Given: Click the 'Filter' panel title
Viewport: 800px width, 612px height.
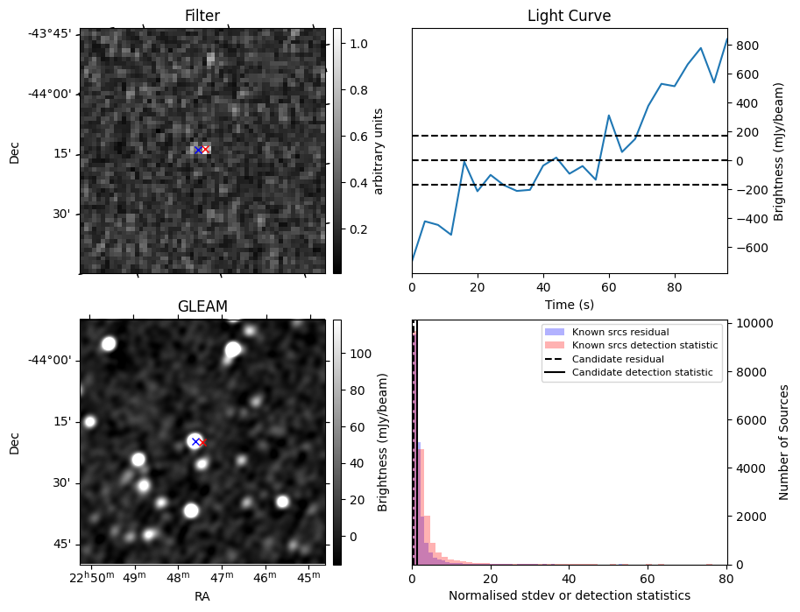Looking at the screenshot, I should (202, 16).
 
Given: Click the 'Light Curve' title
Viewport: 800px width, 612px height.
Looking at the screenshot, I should (569, 16).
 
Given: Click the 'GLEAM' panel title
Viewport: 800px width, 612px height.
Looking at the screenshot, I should (202, 306).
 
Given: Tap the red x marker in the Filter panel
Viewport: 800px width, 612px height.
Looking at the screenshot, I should (204, 150).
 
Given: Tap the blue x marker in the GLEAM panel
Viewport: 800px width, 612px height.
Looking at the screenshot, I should (195, 442).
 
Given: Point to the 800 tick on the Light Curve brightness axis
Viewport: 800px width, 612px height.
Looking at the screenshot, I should (746, 45).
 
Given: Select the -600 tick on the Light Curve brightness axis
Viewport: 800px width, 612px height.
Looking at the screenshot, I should (749, 248).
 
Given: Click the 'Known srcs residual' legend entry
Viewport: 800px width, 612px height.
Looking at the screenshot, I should (620, 332).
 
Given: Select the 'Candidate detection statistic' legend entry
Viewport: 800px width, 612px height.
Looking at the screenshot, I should (642, 373).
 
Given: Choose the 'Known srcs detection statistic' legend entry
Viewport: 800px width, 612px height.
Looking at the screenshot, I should (644, 345).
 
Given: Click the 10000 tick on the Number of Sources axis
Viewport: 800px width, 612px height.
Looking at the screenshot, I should (751, 323).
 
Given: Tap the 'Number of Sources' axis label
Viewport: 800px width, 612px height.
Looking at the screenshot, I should (784, 442).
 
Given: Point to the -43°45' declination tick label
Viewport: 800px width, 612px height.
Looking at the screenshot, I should (55, 33).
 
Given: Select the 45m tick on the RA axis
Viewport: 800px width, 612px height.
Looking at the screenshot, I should (308, 578).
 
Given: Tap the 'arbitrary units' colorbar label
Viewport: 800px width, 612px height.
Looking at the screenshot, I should (379, 151).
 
